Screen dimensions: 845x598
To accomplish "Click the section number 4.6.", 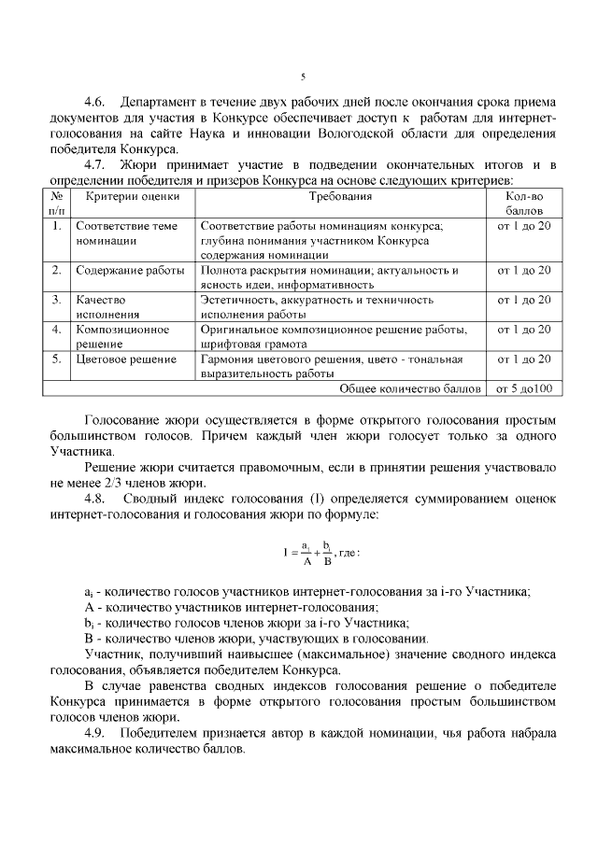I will [97, 101].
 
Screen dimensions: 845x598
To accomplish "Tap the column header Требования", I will [340, 197].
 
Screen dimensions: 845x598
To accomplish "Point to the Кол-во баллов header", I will [523, 204].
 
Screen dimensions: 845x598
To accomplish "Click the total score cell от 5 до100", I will [523, 388].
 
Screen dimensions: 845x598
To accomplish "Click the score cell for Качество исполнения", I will [523, 300].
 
